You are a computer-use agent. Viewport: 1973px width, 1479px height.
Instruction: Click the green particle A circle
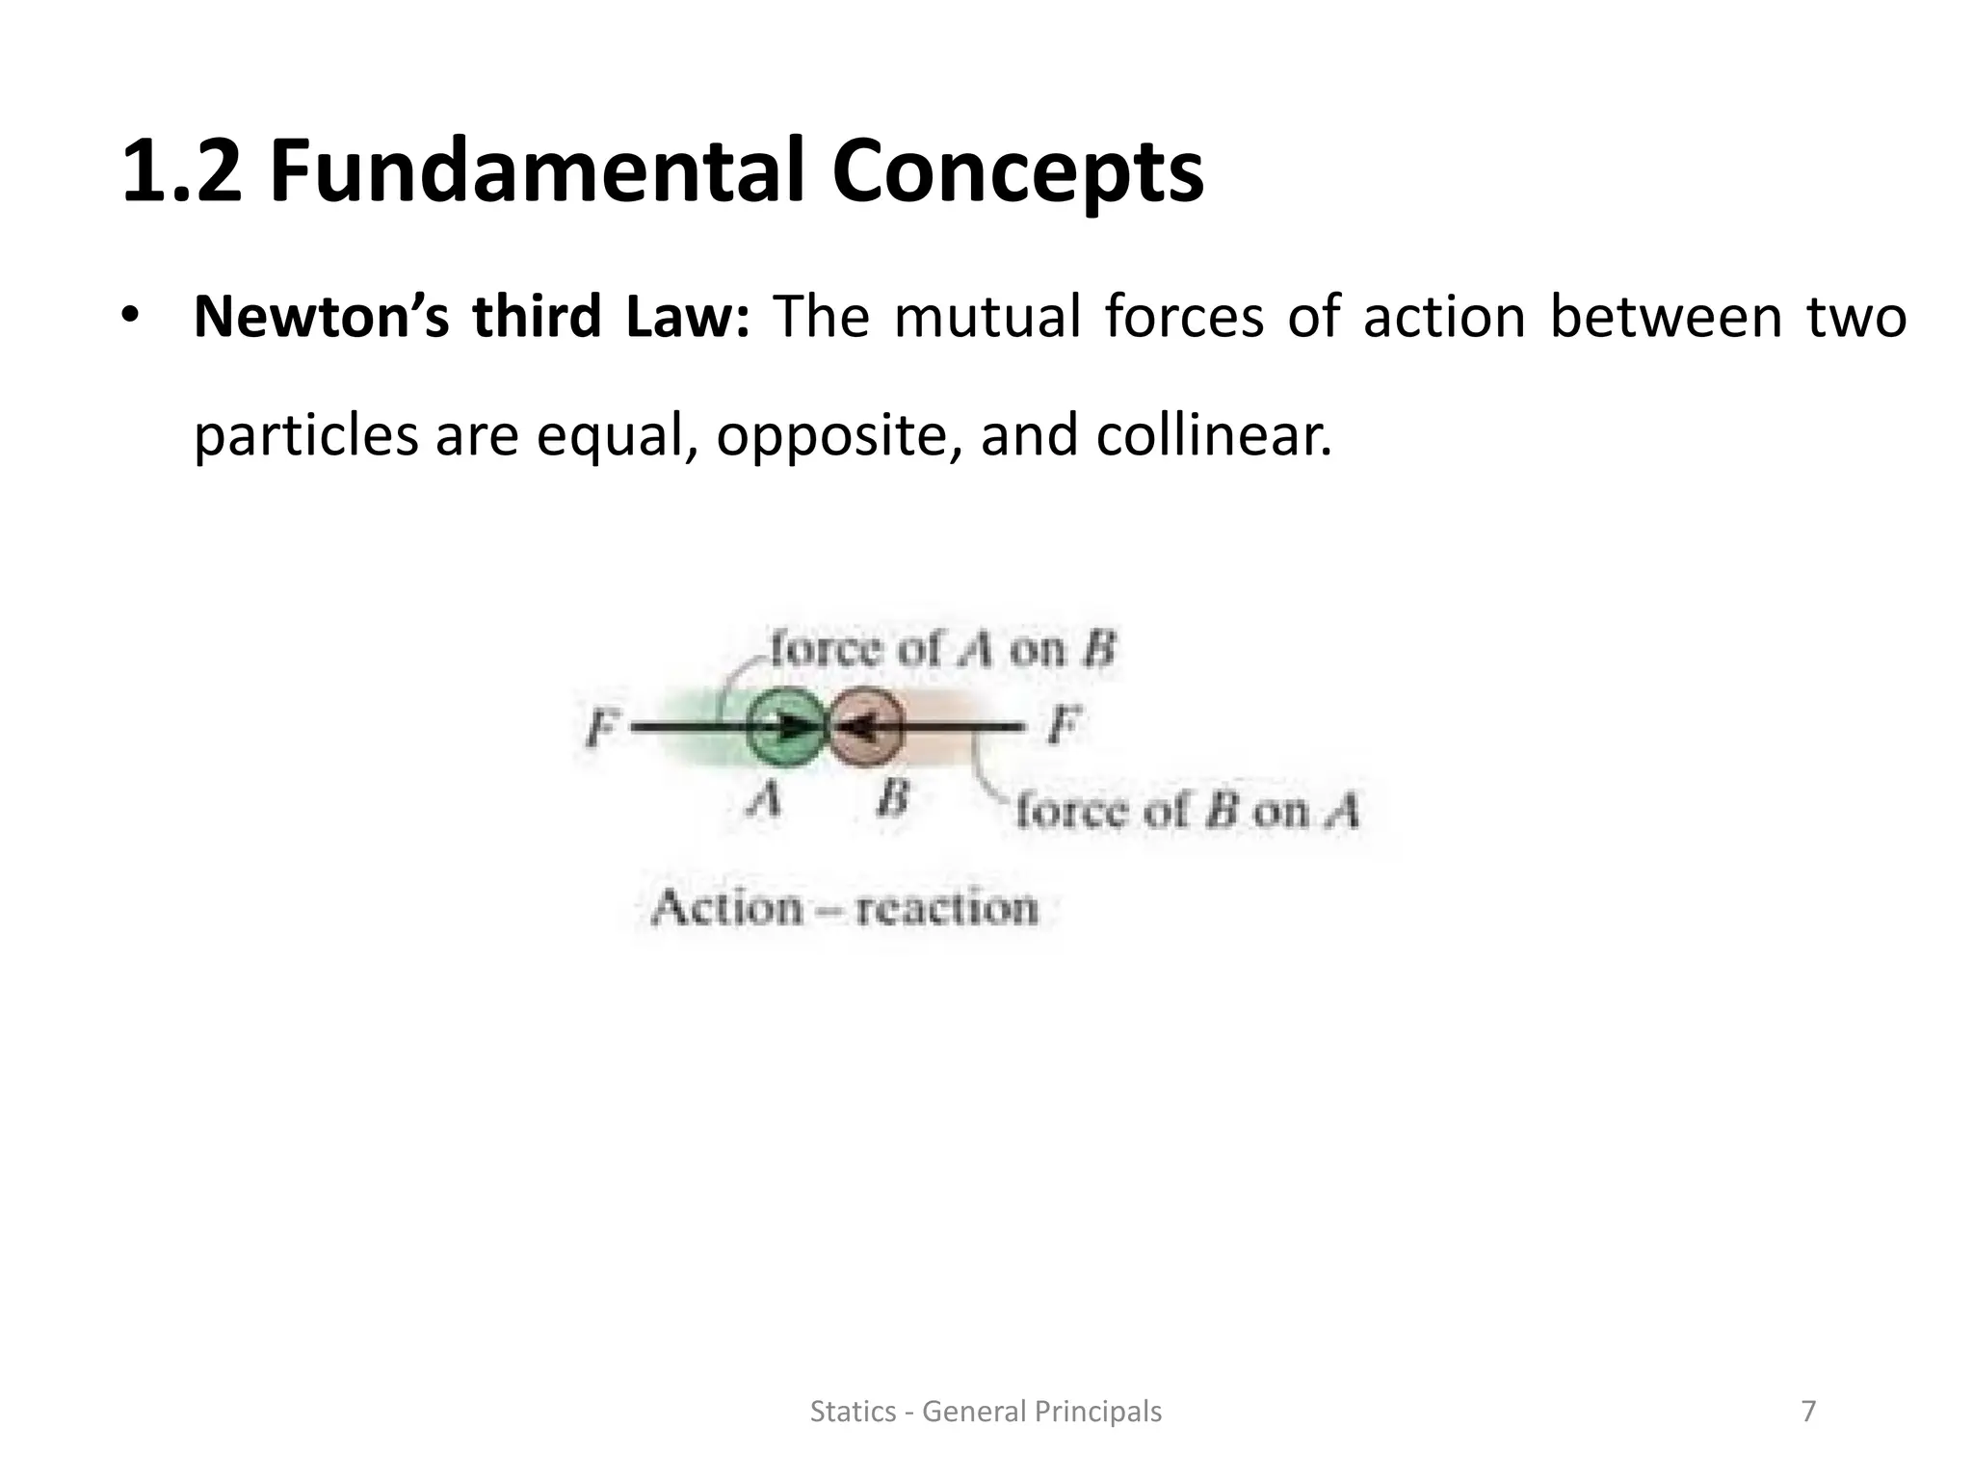785,729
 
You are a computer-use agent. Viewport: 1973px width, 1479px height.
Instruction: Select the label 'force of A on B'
942,649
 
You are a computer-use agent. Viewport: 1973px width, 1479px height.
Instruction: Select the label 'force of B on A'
1187,811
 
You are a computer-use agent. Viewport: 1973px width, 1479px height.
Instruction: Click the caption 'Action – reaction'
844,908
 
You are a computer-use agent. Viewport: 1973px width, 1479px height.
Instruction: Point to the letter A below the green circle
766,797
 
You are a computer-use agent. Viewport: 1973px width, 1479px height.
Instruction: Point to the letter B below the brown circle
892,797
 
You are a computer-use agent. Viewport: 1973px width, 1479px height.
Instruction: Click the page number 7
1808,1412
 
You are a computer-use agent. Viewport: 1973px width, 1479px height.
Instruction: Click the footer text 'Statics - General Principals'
986,1412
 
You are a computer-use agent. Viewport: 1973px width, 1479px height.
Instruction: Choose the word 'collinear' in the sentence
1213,435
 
